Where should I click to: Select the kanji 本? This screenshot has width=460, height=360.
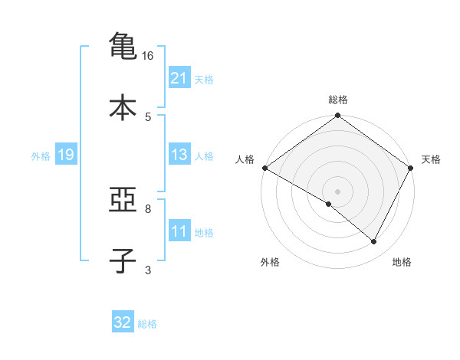[123, 107]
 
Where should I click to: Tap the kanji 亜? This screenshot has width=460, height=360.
[123, 201]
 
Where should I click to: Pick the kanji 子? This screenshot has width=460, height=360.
[123, 261]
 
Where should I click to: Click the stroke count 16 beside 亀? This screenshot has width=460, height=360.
[148, 56]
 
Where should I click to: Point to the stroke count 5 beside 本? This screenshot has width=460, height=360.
[148, 116]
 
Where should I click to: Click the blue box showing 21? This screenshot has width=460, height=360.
[179, 77]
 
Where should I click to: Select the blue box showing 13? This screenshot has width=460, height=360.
[179, 155]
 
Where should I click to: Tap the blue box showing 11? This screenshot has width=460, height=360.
[179, 231]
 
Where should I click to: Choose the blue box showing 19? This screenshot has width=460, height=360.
[65, 155]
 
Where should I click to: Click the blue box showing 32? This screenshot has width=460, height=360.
[123, 322]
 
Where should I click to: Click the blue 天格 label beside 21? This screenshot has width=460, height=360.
[204, 79]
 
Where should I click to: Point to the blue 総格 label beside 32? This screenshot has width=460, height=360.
[147, 324]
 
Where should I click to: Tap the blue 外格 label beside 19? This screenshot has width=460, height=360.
[41, 156]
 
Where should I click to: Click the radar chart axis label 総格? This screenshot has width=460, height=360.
[338, 100]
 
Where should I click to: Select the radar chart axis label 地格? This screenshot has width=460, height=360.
[402, 263]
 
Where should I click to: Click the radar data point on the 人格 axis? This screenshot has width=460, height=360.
[264, 168]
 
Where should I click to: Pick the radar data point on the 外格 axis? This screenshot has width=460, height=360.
[329, 204]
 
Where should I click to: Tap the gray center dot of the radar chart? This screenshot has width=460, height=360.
[337, 191]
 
